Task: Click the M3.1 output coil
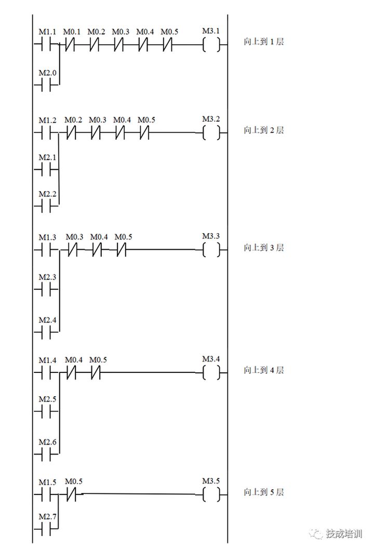211,45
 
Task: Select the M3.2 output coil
211,133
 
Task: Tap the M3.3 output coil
211,250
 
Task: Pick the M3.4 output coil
211,372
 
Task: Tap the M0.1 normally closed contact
71,45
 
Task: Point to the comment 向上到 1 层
264,42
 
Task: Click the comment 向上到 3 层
264,248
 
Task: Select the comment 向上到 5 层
264,492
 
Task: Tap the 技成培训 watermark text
344,533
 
